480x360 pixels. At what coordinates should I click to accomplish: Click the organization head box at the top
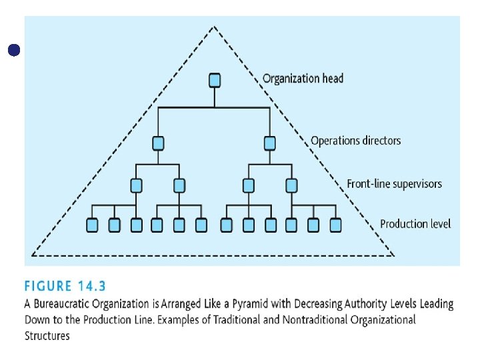point(214,80)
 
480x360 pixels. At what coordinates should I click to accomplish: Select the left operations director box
point(158,143)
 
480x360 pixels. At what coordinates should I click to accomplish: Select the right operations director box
point(269,143)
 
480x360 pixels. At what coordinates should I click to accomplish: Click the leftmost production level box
point(93,225)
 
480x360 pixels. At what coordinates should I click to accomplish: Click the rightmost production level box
point(335,225)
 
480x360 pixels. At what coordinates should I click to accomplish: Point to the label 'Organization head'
point(303,79)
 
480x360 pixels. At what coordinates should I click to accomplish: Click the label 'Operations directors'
point(355,141)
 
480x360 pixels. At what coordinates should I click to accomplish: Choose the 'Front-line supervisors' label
point(394,183)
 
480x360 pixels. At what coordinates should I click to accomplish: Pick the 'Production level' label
point(415,224)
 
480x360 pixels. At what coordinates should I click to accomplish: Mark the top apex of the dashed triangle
point(214,27)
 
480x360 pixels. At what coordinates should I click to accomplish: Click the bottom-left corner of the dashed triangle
point(33,255)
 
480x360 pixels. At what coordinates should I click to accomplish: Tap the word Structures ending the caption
point(47,335)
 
